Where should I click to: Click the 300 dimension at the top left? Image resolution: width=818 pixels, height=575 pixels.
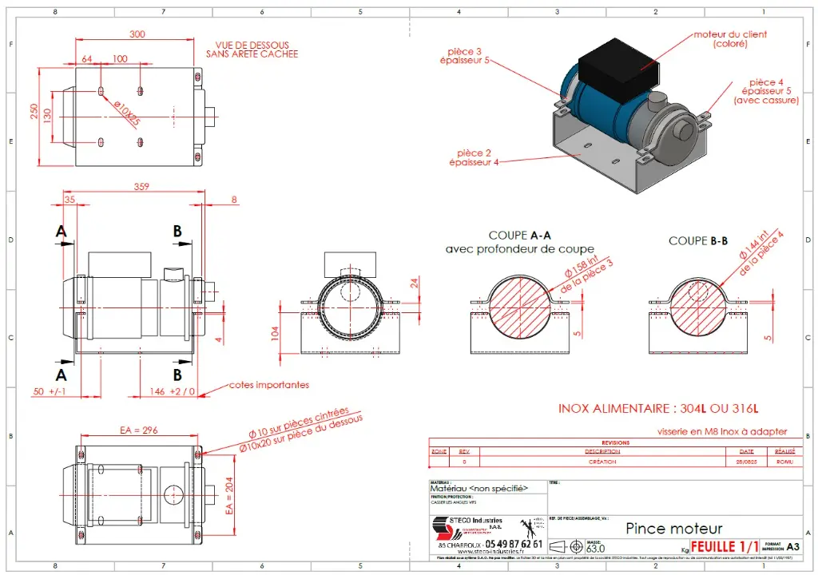click(137, 34)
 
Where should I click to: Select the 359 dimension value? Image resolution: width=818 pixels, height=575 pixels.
click(141, 188)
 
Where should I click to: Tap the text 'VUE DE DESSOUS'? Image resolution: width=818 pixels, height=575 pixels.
click(252, 46)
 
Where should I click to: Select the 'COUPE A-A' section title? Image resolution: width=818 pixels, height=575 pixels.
click(519, 236)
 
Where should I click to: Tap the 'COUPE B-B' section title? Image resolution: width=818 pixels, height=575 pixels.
click(698, 240)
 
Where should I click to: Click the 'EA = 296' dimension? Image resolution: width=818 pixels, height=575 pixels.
click(138, 430)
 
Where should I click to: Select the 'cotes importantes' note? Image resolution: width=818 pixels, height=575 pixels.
click(269, 385)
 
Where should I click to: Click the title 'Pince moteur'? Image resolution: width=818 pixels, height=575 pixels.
click(674, 529)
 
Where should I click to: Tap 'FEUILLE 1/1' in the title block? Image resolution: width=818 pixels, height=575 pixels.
click(725, 547)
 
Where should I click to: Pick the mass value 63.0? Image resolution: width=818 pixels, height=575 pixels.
click(596, 549)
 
